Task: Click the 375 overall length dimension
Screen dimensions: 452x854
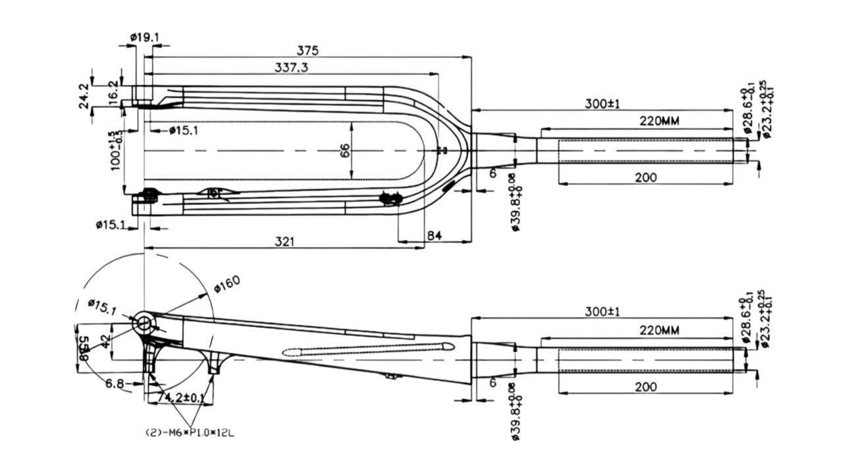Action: (x=307, y=50)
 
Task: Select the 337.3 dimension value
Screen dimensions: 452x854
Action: (x=290, y=67)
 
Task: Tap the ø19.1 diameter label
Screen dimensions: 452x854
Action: (x=144, y=37)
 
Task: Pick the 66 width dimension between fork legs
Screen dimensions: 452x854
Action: (x=345, y=151)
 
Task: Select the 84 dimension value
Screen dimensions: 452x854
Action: (x=435, y=235)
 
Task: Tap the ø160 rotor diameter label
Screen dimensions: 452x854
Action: (x=227, y=283)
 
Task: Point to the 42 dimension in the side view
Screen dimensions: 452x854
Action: (x=105, y=340)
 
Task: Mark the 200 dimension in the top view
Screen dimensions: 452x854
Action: (x=645, y=177)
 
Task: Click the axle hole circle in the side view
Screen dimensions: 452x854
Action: (x=144, y=324)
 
